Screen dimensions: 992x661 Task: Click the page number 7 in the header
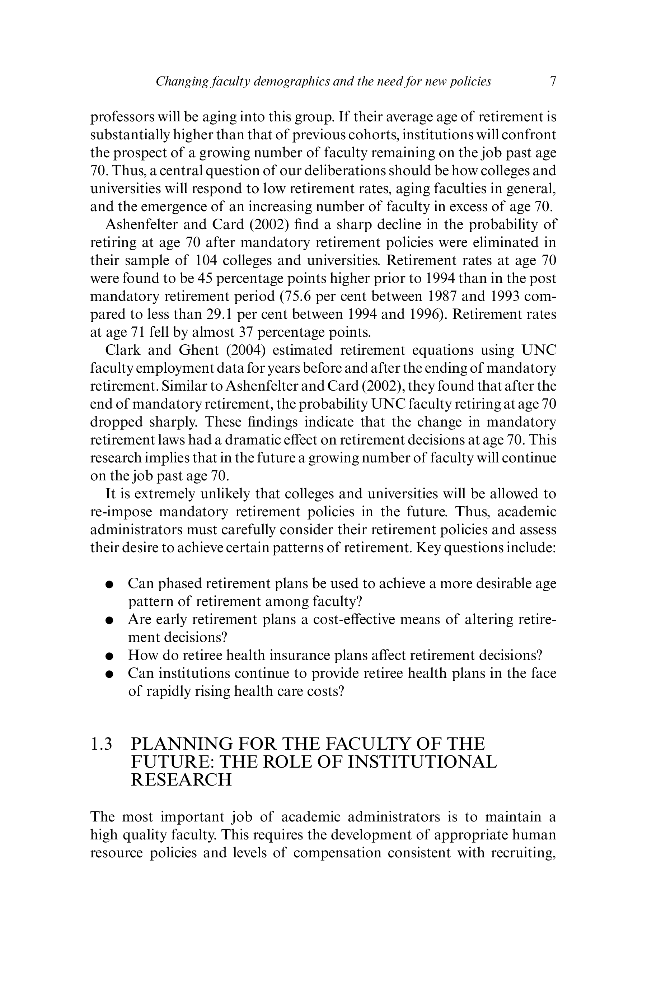pyautogui.click(x=553, y=81)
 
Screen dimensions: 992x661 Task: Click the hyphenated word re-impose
pyautogui.click(x=121, y=512)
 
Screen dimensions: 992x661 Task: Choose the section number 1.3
pyautogui.click(x=101, y=744)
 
